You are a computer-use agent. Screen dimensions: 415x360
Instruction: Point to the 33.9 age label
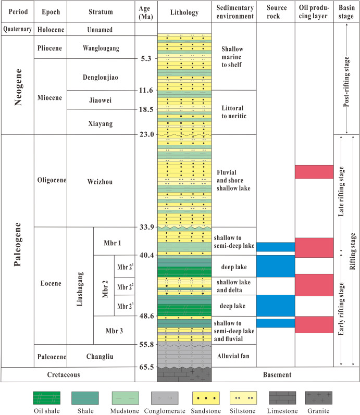146,227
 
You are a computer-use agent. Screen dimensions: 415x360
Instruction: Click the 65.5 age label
146,367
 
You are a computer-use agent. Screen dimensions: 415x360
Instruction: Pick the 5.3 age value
146,59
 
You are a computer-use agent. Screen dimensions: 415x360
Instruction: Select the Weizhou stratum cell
101,181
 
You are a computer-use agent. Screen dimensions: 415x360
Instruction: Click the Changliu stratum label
101,356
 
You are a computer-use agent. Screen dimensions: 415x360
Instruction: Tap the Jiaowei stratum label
101,100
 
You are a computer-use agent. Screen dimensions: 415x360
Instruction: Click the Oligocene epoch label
50,181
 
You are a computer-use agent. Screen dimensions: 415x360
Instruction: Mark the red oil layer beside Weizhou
314,172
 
